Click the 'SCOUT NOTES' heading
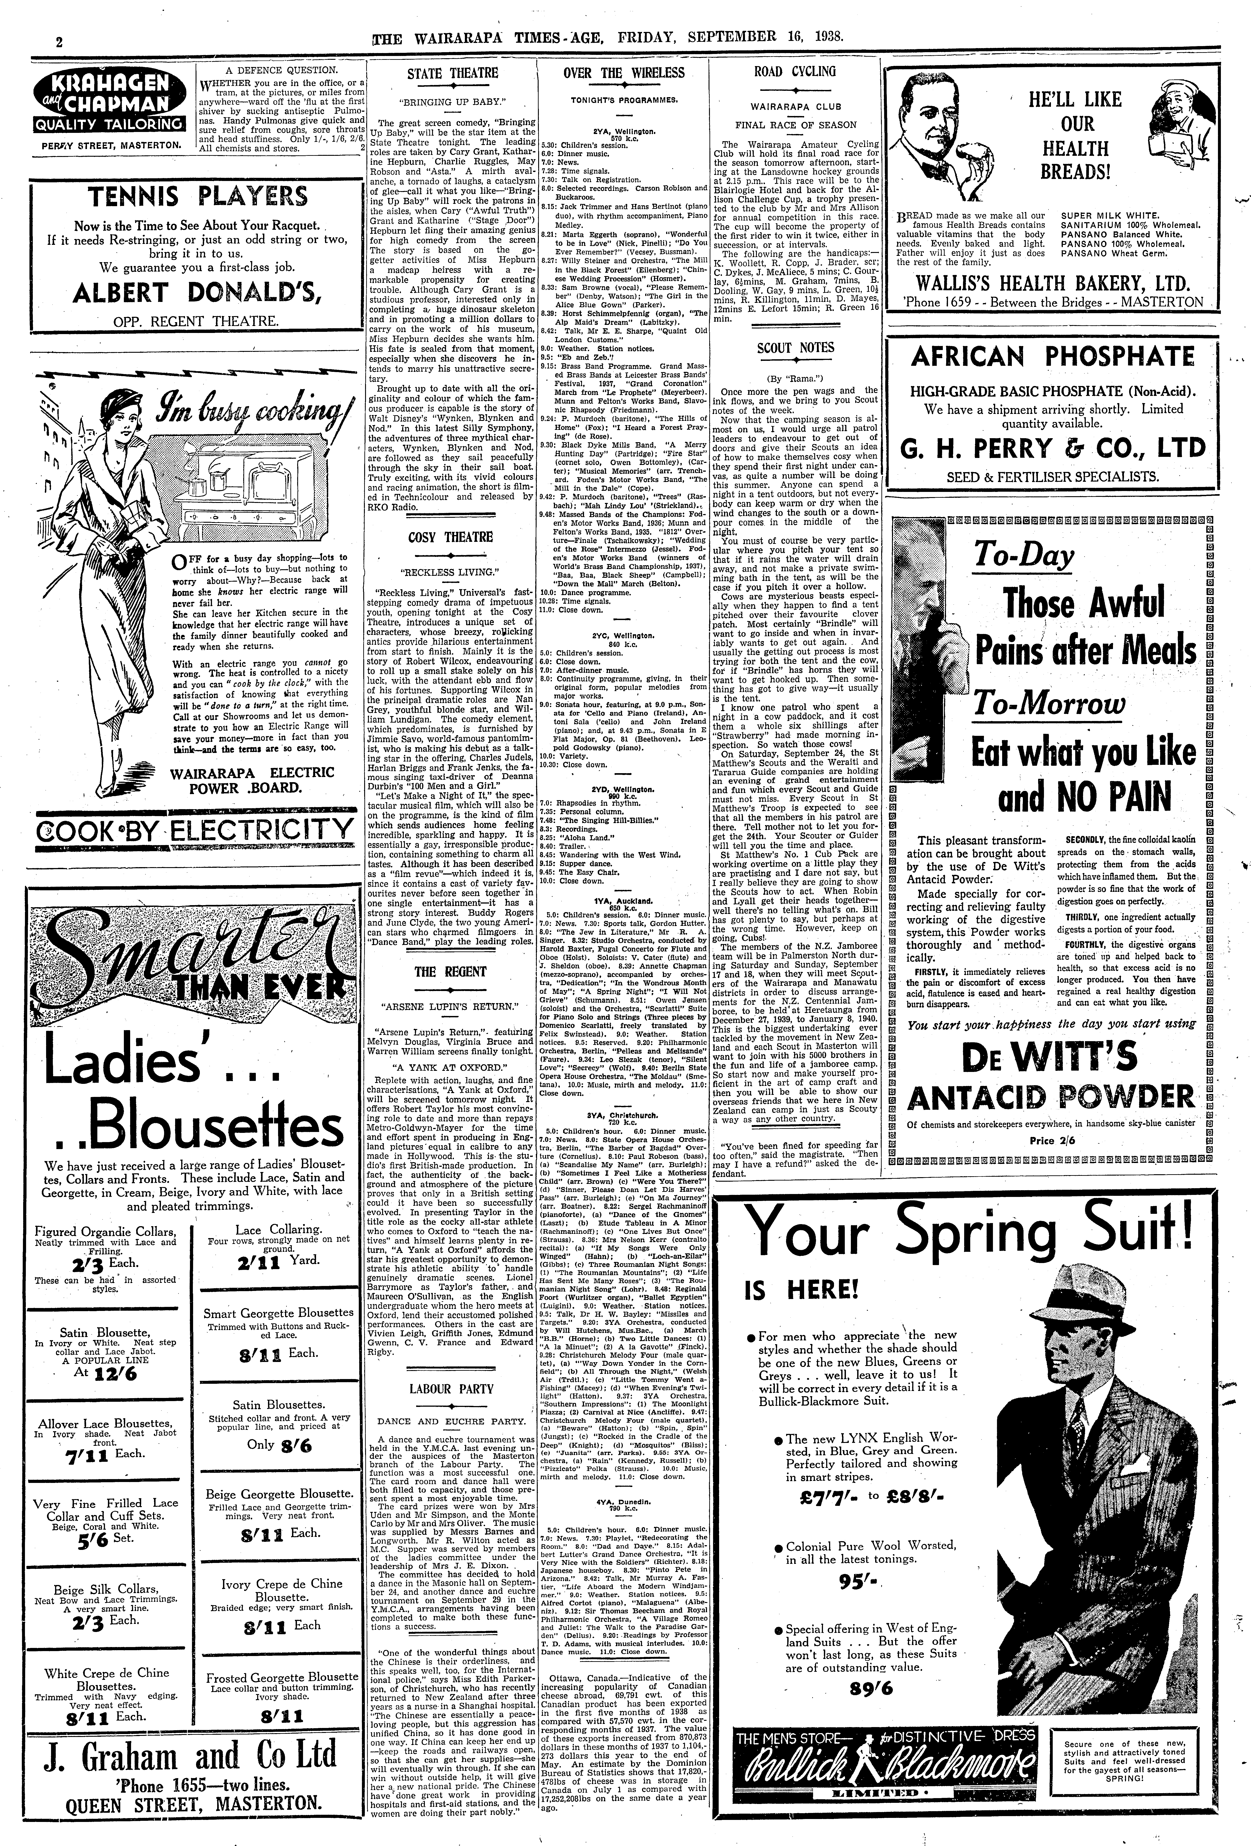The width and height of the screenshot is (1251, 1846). pos(795,348)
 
